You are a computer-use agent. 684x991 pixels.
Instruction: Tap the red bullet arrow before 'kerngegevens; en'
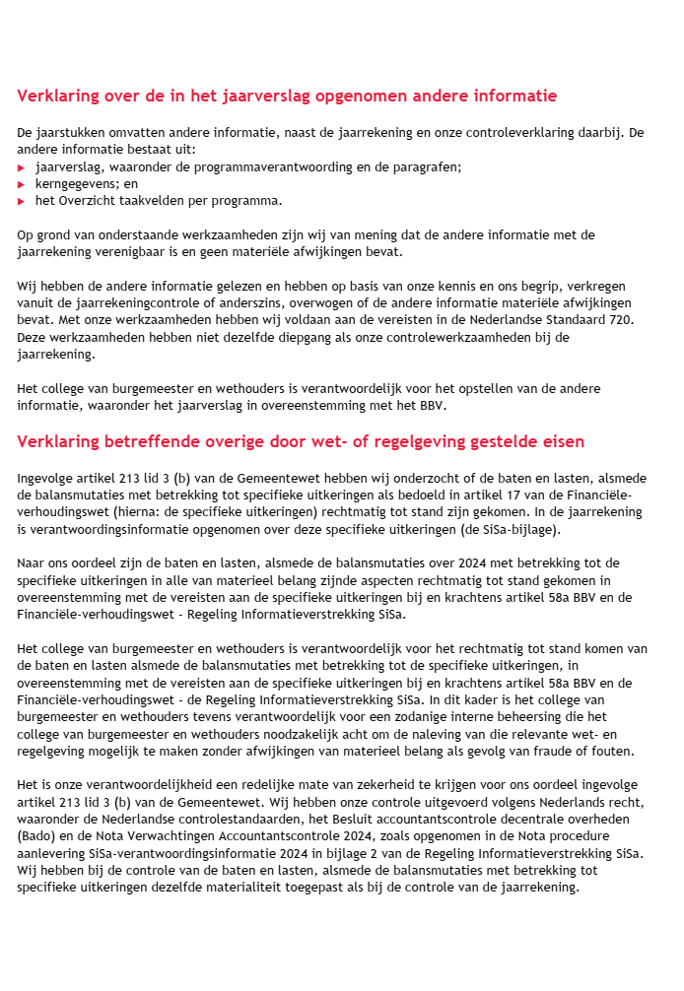22,184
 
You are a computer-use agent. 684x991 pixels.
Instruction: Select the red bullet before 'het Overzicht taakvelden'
22,201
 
